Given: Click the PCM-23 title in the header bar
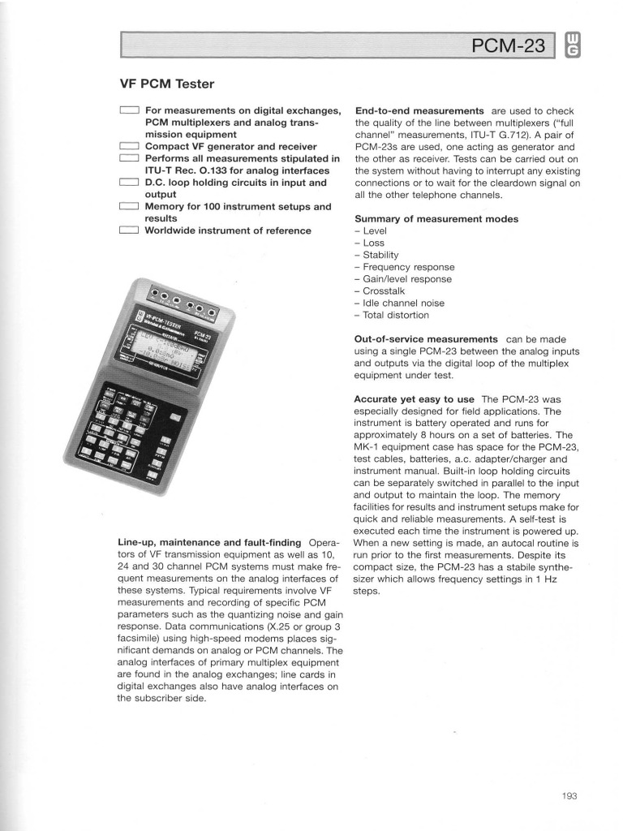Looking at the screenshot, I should coord(509,47).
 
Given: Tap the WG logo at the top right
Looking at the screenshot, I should coord(571,45).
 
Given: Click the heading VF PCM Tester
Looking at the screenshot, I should coord(167,83).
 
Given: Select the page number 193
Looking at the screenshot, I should coord(569,796).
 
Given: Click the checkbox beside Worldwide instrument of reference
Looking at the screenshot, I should coord(129,231).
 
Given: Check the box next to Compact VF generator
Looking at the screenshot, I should coord(129,147).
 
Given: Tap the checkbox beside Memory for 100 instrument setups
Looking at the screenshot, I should coord(129,207).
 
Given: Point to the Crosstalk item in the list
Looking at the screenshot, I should coord(388,291).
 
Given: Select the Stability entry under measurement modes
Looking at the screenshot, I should coord(380,255).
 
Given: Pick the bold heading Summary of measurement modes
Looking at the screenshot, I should coord(436,219).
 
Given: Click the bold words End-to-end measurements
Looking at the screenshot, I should coord(419,110).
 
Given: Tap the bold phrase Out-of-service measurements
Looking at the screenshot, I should coord(426,338).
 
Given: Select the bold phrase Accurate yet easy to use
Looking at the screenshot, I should coord(414,399).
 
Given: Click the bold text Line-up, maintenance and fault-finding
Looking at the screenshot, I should coord(209,541).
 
